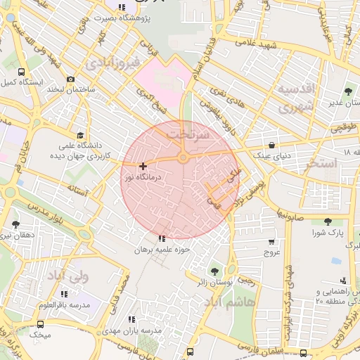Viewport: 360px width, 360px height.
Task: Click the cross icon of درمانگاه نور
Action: click(x=143, y=167)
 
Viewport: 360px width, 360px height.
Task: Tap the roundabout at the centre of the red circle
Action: click(x=183, y=158)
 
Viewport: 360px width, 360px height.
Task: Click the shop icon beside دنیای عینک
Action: click(x=262, y=136)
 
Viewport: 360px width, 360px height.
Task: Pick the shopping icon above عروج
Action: click(x=271, y=241)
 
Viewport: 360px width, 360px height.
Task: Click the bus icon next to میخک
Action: click(x=40, y=325)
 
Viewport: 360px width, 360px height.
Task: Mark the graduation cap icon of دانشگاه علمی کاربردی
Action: click(x=81, y=136)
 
